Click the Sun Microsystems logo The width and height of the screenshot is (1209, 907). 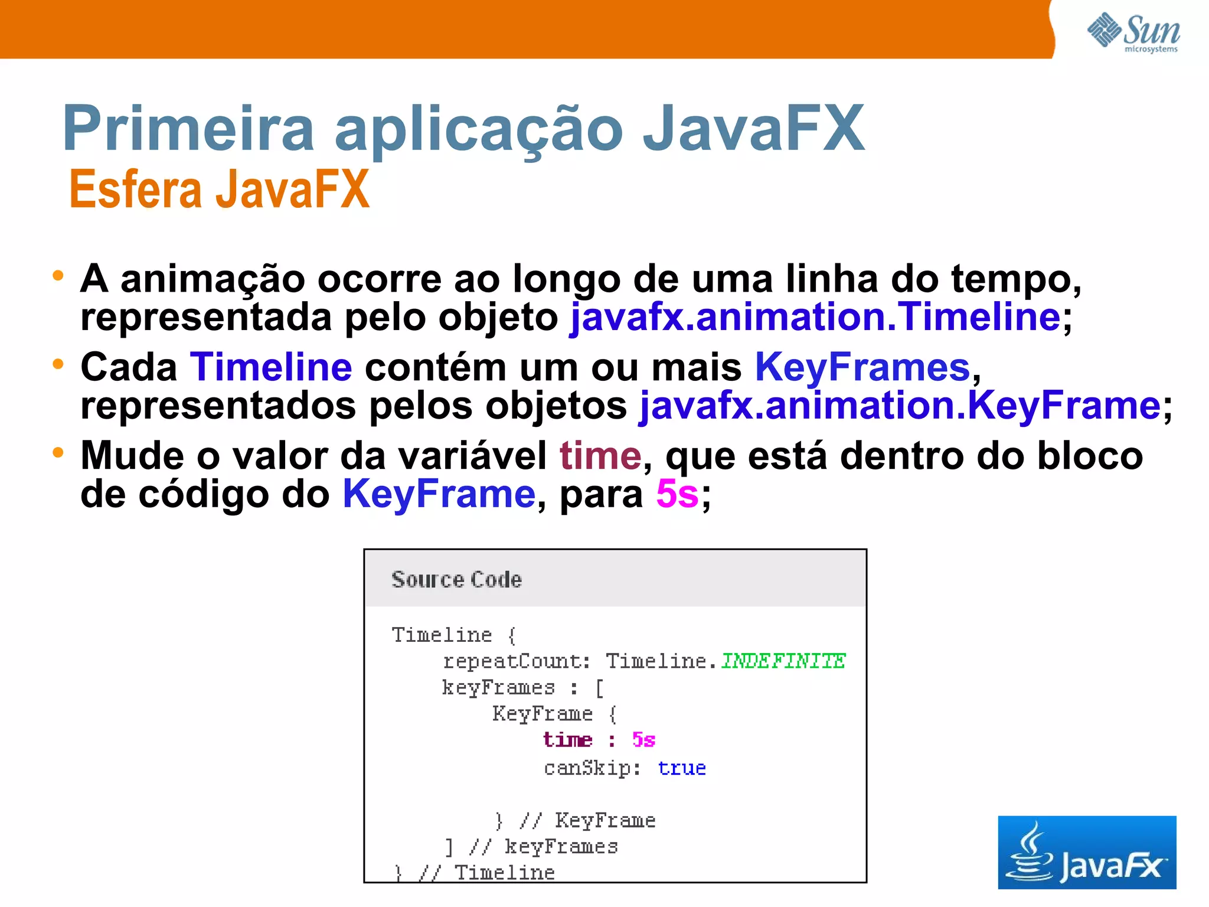tap(1133, 32)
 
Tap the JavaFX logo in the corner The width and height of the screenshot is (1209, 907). tap(1086, 852)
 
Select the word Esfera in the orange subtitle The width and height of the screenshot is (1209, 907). tap(135, 189)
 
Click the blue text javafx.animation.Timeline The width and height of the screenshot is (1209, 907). tap(815, 317)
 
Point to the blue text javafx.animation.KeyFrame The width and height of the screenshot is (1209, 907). tap(900, 406)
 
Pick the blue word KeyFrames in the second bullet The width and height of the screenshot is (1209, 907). tap(862, 367)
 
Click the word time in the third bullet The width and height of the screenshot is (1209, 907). tap(600, 456)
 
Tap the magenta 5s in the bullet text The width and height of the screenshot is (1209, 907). tap(677, 494)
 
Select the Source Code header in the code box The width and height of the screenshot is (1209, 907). tap(456, 579)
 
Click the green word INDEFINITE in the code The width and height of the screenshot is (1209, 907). tap(783, 661)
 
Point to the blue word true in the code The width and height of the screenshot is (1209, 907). tap(682, 768)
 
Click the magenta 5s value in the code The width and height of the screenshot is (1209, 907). tap(643, 740)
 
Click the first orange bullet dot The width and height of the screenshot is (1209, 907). tap(57, 275)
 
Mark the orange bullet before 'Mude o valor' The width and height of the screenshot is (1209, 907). tap(57, 453)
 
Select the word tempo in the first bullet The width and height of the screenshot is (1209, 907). tap(1015, 279)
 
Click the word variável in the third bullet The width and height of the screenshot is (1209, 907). tap(472, 456)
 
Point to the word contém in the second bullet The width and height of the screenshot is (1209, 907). tap(436, 367)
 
